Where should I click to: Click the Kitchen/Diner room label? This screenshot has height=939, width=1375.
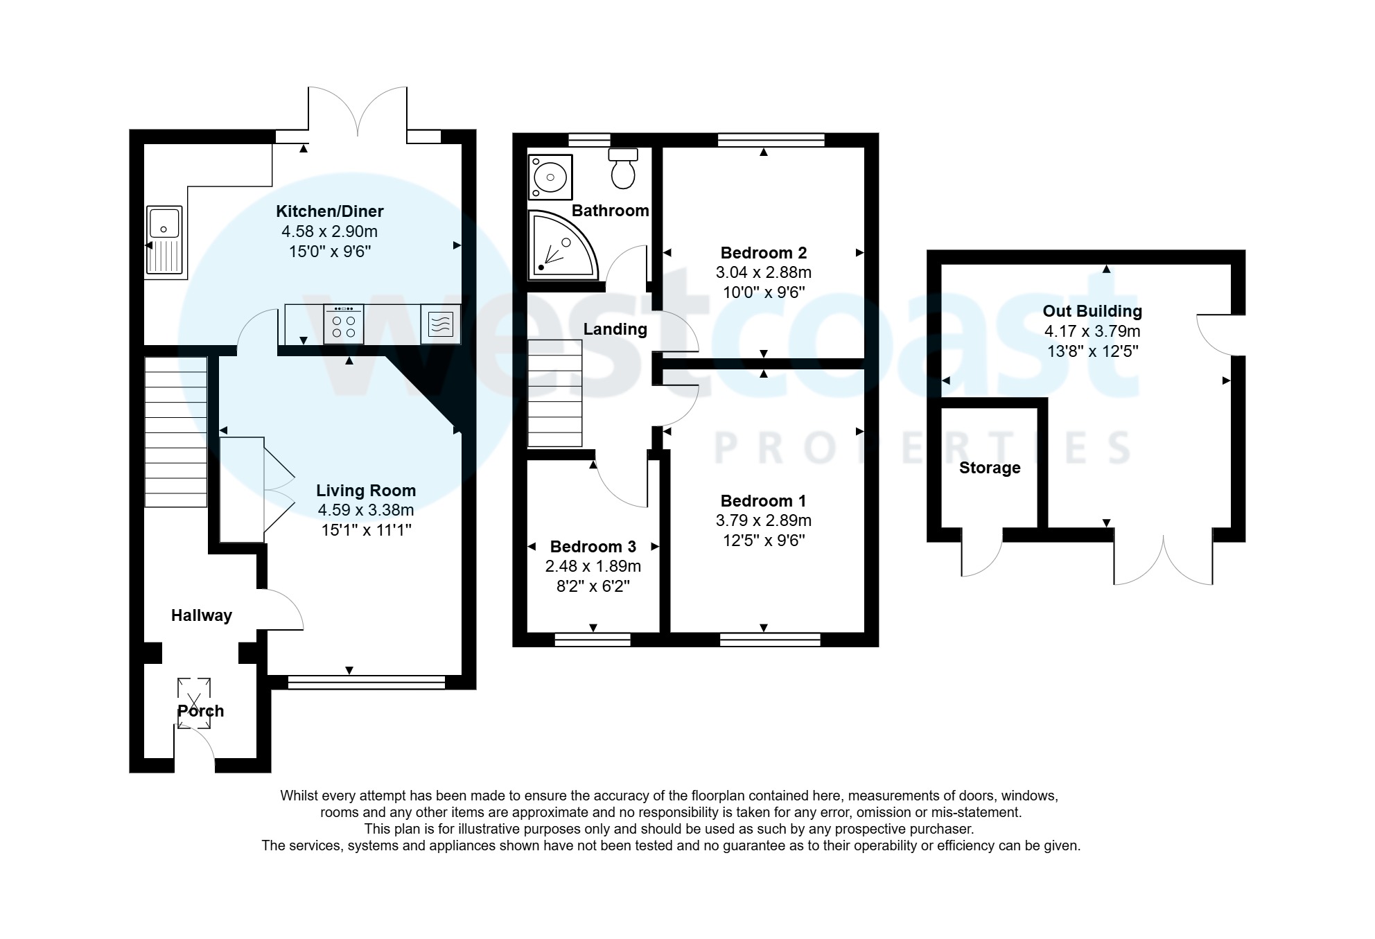tap(329, 211)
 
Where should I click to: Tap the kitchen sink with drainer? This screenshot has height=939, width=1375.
tap(164, 240)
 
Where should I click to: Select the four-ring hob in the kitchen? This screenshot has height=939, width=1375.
tap(344, 325)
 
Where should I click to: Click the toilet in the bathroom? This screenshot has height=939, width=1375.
tap(623, 168)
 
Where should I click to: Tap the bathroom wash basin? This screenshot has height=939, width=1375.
tap(550, 177)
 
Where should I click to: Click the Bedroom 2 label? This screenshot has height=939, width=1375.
tap(763, 253)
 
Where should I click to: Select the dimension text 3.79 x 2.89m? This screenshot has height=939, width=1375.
tap(763, 520)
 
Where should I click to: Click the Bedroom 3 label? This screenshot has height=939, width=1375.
tap(593, 547)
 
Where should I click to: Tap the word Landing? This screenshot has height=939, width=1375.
tap(615, 329)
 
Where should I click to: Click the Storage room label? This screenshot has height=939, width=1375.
tap(989, 468)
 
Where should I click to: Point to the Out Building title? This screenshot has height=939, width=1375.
tap(1092, 311)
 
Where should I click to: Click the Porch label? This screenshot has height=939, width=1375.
tap(200, 711)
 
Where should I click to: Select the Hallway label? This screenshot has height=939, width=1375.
tap(201, 615)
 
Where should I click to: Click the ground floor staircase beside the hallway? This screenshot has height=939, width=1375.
tap(176, 432)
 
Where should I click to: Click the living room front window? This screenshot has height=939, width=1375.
tap(366, 683)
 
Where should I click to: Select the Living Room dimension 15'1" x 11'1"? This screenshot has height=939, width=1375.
tap(366, 530)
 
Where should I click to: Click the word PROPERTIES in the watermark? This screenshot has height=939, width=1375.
tap(922, 448)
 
